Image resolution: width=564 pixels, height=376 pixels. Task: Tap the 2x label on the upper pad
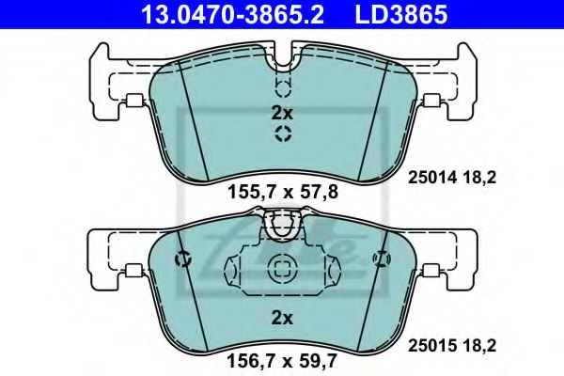(282, 112)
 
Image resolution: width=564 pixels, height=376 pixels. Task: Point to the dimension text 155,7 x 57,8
(281, 195)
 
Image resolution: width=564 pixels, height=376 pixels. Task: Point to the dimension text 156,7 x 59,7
(281, 358)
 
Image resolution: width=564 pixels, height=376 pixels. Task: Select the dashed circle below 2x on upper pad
(282, 134)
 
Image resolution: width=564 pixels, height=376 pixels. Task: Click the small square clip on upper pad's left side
(133, 102)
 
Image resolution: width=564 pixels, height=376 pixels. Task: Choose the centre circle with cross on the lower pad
(282, 268)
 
